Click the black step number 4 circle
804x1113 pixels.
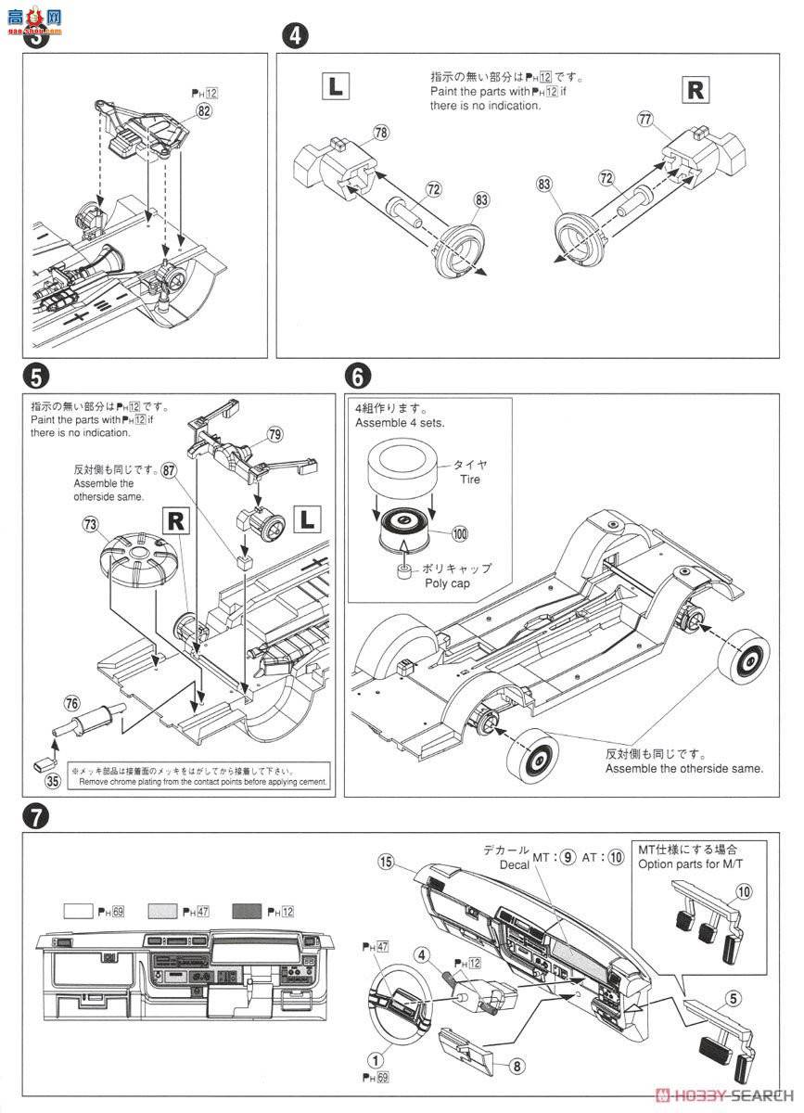(x=294, y=36)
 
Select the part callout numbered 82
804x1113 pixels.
(x=204, y=110)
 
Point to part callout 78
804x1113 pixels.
(x=381, y=134)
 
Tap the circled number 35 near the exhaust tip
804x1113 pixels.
(x=53, y=781)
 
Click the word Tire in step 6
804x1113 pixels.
(x=469, y=480)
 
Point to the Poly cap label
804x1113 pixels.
(x=449, y=584)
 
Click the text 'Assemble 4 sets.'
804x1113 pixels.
(x=399, y=423)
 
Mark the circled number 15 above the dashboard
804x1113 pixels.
(x=388, y=863)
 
